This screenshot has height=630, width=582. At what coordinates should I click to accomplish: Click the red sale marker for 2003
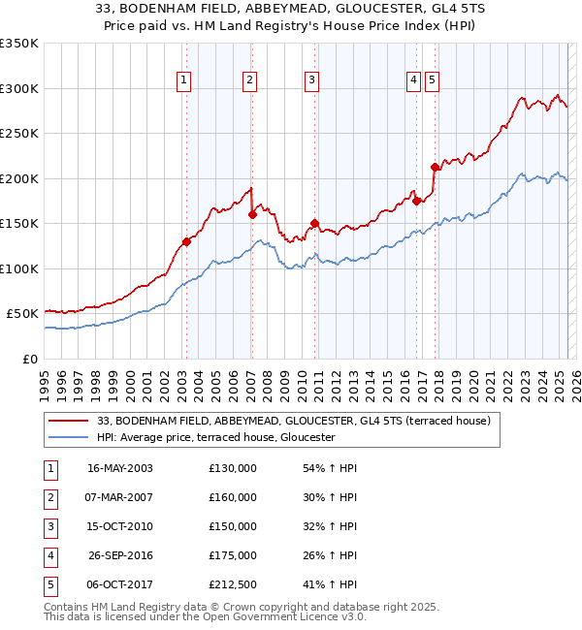click(186, 242)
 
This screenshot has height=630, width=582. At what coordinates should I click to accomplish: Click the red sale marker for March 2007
click(251, 214)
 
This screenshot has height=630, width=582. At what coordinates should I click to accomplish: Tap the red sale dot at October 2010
click(314, 223)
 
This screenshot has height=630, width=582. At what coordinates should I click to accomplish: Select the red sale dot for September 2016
click(416, 201)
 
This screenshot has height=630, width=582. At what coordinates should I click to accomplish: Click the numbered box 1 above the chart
click(183, 80)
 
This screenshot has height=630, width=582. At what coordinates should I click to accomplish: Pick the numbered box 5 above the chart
click(431, 80)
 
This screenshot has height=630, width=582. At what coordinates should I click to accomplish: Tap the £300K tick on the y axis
click(19, 88)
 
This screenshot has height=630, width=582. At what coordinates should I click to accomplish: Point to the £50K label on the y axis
click(22, 314)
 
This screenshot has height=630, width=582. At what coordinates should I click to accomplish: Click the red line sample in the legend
click(70, 421)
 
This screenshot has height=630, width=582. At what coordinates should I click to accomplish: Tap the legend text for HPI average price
click(215, 437)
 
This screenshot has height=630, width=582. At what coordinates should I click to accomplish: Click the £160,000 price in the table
click(233, 497)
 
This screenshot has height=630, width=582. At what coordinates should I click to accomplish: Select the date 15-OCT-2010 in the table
click(120, 526)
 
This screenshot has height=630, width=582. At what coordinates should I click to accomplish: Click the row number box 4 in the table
click(48, 555)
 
